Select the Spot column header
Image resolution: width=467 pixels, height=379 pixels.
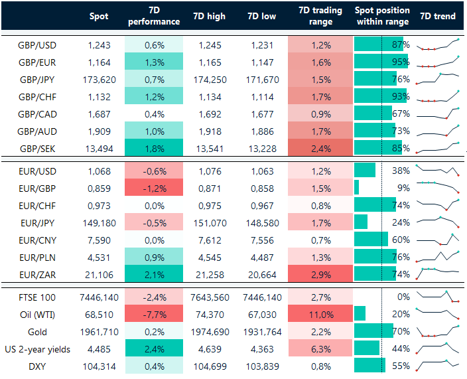click(98, 16)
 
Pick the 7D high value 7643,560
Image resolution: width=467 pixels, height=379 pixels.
click(209, 296)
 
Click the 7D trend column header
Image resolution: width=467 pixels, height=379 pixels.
click(440, 16)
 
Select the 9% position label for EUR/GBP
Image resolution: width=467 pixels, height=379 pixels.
click(402, 187)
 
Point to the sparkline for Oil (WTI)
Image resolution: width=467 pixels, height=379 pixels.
click(437, 313)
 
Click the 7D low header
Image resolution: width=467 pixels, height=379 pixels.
click(261, 16)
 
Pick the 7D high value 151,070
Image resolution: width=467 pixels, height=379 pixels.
click(209, 222)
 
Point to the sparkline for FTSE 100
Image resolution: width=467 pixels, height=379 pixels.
click(437, 296)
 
